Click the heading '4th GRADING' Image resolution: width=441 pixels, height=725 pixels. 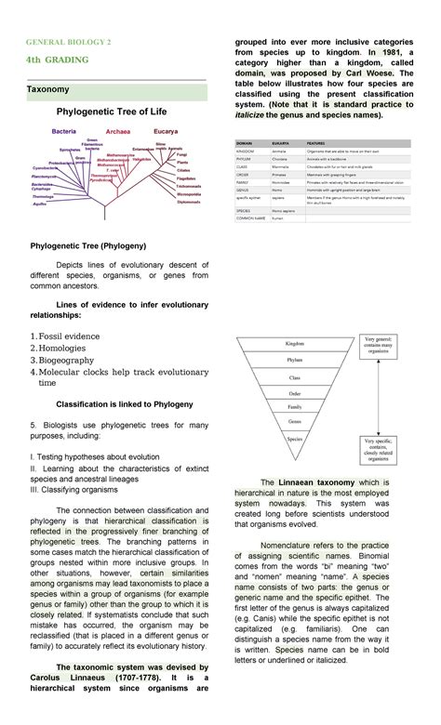pos(58,60)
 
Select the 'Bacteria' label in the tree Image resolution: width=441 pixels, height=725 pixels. pos(64,131)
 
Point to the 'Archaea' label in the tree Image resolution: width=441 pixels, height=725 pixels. pos(117,132)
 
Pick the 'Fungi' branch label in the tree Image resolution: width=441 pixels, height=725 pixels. pos(180,154)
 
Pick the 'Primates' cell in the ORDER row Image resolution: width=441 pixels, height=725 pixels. pos(280,173)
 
